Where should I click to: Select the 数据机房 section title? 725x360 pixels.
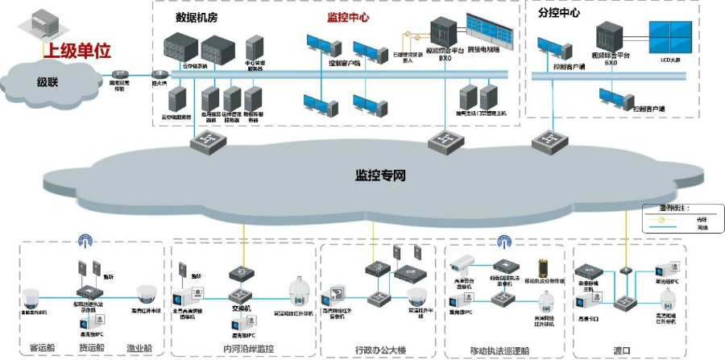pyautogui.click(x=196, y=17)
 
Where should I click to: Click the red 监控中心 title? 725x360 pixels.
pyautogui.click(x=349, y=17)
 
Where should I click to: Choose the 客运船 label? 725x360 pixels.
pyautogui.click(x=41, y=350)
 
